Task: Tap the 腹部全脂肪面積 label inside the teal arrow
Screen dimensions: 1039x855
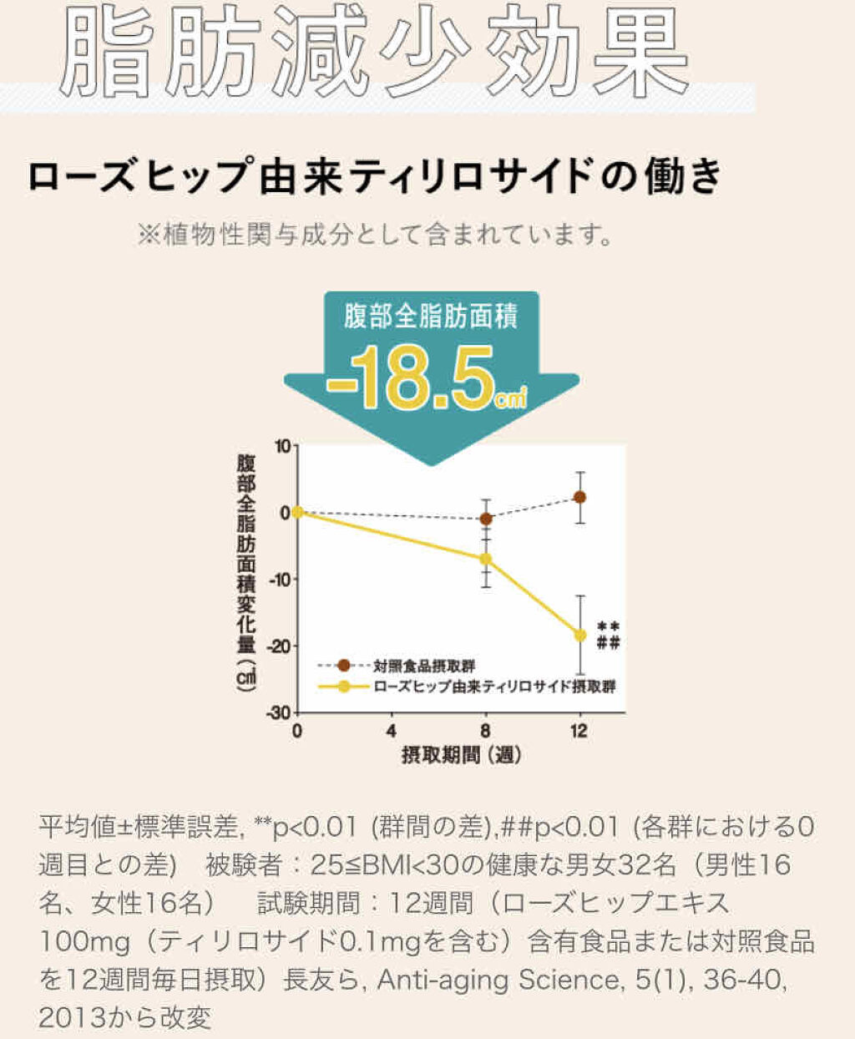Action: [431, 317]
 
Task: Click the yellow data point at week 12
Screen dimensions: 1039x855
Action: [580, 635]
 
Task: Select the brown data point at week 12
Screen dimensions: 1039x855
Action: [580, 497]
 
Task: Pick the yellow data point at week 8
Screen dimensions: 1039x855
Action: [486, 559]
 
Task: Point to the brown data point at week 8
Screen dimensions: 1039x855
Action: [486, 519]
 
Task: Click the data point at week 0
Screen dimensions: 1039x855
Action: [297, 512]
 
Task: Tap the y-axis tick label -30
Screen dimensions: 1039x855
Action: [278, 712]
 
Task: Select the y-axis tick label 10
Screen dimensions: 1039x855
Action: [281, 446]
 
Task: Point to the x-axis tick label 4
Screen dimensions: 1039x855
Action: [392, 732]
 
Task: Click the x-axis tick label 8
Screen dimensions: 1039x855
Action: [486, 732]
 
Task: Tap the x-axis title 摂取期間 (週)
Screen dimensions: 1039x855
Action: [461, 756]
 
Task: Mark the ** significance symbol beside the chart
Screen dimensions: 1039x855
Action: [609, 626]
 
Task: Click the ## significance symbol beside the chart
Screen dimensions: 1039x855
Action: [609, 642]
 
